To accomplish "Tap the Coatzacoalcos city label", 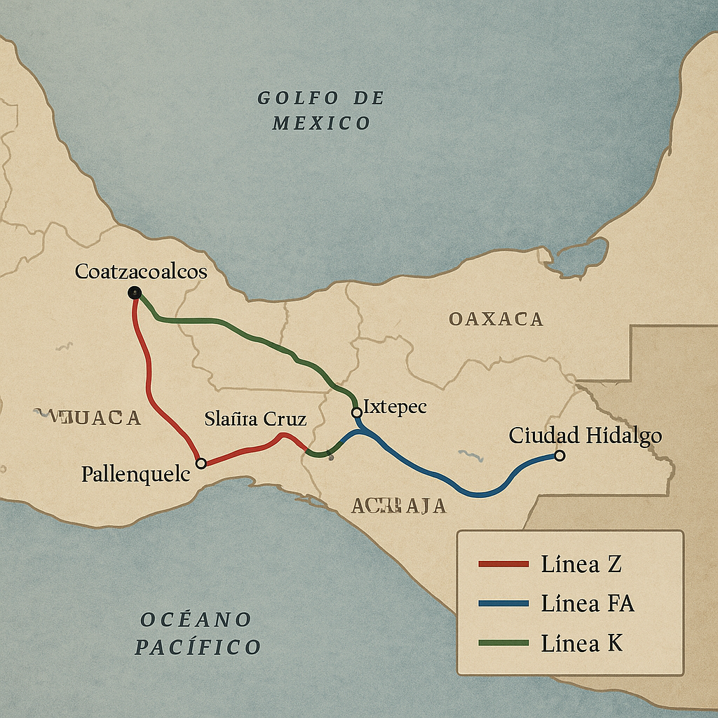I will tap(141, 271).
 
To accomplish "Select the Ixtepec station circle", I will tap(356, 412).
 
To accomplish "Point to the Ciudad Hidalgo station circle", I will tap(559, 456).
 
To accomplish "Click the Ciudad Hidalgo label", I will tap(585, 435).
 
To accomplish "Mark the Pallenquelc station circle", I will tap(201, 463).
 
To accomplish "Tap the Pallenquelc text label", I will tap(136, 474).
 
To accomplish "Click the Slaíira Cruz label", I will tap(255, 419).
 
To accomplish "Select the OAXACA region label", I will tap(496, 320).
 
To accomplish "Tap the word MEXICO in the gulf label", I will tap(321, 124).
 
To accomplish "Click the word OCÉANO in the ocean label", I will tap(196, 620).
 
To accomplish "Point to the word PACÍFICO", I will tap(198, 646).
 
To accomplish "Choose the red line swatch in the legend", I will tap(503, 564).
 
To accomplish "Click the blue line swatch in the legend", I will tap(503, 603).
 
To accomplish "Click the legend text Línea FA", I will tap(588, 603).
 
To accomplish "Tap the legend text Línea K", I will tap(581, 643).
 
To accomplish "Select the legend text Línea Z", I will tap(581, 564).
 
